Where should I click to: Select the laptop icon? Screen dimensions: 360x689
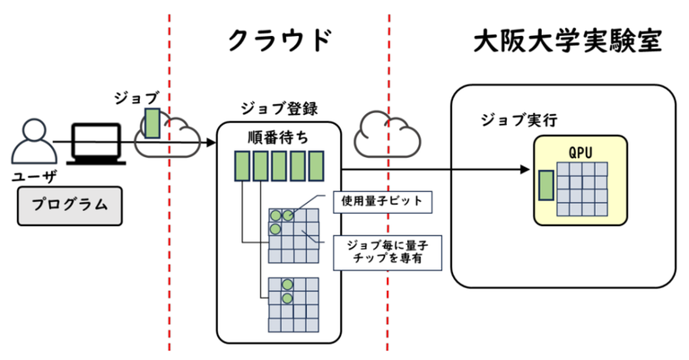point(96,143)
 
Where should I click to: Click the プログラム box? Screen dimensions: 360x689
point(70,204)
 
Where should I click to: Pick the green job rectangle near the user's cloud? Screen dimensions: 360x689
point(153,124)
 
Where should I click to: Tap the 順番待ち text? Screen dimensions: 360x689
point(278,137)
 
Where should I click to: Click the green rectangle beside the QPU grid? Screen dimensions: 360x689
point(545,185)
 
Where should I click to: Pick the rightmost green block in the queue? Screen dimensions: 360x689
point(315,167)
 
